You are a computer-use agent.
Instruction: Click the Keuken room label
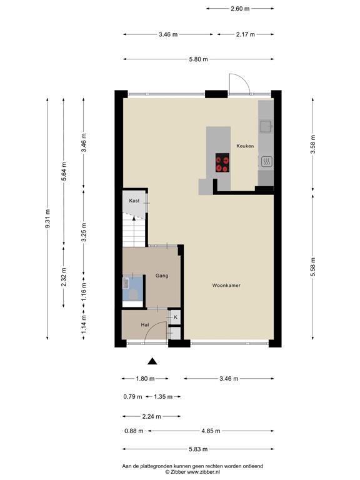[x=244, y=146]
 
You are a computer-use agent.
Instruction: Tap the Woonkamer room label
[x=226, y=285]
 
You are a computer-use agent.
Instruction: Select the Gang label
[x=162, y=275]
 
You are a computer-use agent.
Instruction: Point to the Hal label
[x=144, y=325]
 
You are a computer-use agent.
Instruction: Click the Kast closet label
[x=134, y=201]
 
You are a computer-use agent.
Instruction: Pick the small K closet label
[x=176, y=317]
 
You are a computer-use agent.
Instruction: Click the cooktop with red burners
[x=222, y=162]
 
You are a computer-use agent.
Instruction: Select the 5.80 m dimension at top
[x=197, y=59]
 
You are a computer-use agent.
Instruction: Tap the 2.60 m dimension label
[x=239, y=9]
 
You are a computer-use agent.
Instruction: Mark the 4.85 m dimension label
[x=210, y=431]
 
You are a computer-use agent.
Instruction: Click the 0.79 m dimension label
[x=132, y=396]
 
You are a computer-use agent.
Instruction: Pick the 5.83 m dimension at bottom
[x=197, y=449]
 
